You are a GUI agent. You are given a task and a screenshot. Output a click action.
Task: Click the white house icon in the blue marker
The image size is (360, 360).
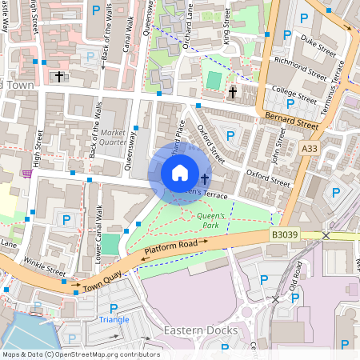click(180, 173)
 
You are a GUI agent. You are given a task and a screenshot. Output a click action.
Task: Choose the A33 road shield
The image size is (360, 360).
click(310, 149)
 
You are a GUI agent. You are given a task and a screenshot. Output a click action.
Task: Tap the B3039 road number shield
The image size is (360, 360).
click(285, 235)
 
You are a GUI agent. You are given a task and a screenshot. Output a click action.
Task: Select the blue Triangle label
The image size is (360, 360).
click(114, 320)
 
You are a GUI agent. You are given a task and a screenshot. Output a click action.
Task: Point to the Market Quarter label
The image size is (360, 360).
click(114, 138)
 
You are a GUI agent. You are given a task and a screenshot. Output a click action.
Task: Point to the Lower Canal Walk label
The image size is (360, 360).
click(98, 234)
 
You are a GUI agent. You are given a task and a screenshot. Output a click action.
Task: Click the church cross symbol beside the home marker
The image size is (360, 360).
click(205, 179)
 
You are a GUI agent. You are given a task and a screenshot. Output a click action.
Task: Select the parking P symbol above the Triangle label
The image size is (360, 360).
click(114, 308)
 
